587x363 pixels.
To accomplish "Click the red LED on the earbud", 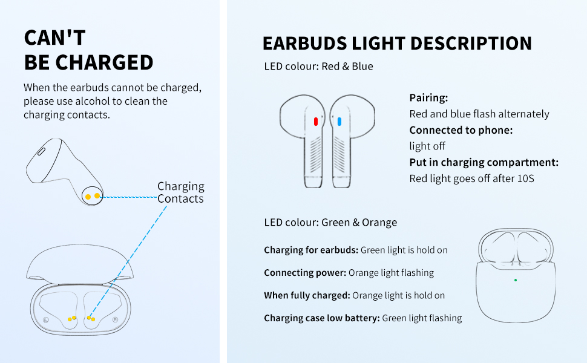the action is pos(315,121).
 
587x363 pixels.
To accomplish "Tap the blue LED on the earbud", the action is pos(339,121).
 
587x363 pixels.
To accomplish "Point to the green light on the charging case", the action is pos(515,280).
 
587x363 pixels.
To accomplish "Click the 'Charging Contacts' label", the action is pos(181,192).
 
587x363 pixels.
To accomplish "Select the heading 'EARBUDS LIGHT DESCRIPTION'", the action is pos(397,44).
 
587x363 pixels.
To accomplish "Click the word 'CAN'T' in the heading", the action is pos(54,38).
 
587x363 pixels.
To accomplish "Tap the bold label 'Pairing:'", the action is pos(428,98).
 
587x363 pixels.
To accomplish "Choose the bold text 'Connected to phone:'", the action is pos(461,130).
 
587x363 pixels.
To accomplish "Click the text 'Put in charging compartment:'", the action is pos(484,162).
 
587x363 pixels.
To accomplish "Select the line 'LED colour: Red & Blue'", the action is pos(319,67).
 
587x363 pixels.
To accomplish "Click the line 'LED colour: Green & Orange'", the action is pos(330,223).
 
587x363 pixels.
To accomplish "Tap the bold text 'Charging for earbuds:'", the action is pos(311,250).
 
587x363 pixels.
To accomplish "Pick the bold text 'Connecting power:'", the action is pos(305,273).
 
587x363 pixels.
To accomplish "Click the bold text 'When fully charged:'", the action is pos(307,295).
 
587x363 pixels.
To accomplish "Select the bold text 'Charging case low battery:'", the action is pos(321,318).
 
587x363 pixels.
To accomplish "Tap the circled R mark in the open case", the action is pos(114,318).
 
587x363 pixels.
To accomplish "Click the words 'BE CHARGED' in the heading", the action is pos(88,62).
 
